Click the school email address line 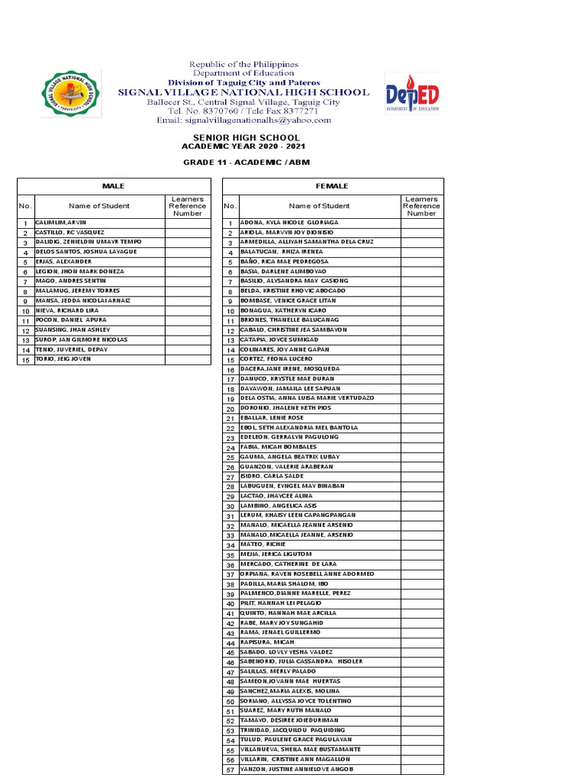click(244, 121)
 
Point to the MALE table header click(114, 186)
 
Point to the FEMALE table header click(332, 186)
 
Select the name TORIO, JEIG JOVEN click(63, 359)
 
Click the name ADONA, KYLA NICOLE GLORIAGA click(289, 223)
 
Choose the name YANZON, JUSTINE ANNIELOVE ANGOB click(298, 769)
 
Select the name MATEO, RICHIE click(264, 545)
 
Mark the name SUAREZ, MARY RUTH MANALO click(282, 711)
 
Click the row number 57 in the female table click(230, 770)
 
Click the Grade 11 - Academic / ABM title click(246, 163)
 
